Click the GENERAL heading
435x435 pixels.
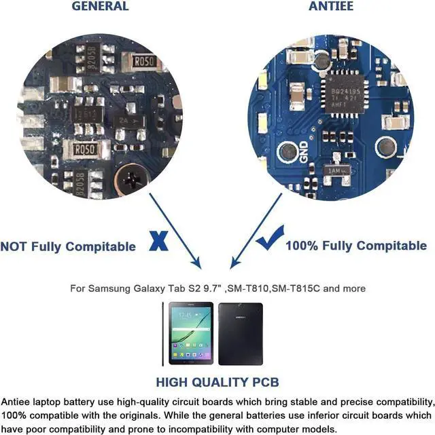point(100,6)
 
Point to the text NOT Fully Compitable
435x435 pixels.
point(68,246)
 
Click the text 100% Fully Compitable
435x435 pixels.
point(355,246)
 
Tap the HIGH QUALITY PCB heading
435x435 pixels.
point(217,382)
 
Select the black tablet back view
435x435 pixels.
point(240,334)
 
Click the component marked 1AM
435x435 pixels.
point(338,172)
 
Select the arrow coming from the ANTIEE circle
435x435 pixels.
point(255,231)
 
